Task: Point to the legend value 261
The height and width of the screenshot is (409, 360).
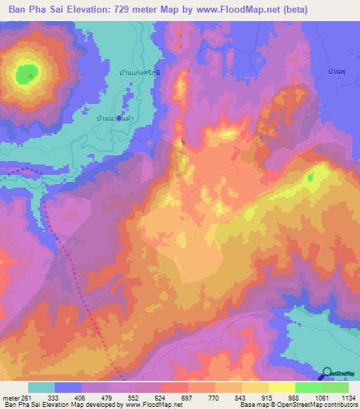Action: pyautogui.click(x=22, y=398)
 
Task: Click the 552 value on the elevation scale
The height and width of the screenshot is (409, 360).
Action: pyautogui.click(x=134, y=398)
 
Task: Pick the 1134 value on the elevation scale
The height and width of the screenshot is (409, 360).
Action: pyautogui.click(x=347, y=398)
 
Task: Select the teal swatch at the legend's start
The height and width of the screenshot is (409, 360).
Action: pyautogui.click(x=41, y=387)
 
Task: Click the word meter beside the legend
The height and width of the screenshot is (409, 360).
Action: pyautogui.click(x=9, y=398)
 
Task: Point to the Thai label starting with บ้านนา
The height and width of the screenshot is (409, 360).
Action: pyautogui.click(x=115, y=119)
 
